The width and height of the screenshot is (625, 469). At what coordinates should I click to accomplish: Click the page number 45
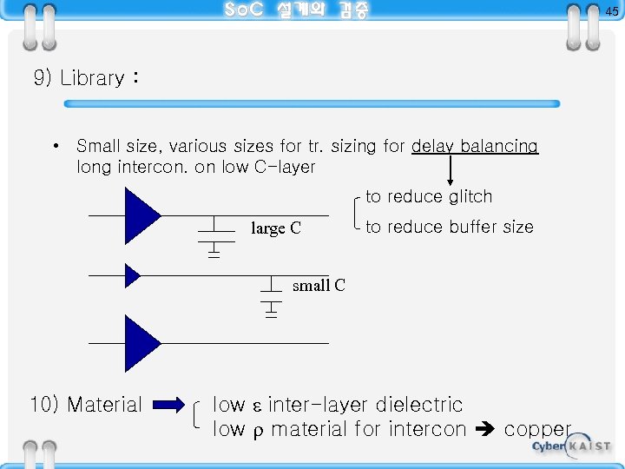(x=612, y=11)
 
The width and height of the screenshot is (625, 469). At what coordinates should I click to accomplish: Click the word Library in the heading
(x=92, y=78)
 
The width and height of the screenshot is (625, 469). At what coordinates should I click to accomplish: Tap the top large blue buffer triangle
(x=141, y=215)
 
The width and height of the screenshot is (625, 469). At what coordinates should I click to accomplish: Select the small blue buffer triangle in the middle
(x=132, y=275)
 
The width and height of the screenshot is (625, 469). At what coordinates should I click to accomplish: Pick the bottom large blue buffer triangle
(x=141, y=343)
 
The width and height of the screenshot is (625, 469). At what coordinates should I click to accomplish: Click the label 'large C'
(x=276, y=228)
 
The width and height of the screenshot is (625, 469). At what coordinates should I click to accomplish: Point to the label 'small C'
(x=319, y=285)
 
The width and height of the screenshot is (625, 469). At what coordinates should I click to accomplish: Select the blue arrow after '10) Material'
(x=174, y=404)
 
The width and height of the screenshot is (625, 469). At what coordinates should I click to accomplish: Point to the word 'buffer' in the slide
(x=451, y=228)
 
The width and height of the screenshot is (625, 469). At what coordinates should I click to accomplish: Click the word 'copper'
(x=537, y=429)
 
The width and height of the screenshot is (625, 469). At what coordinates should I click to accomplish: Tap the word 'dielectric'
(x=419, y=405)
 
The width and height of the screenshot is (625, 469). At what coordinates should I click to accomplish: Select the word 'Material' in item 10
(x=104, y=405)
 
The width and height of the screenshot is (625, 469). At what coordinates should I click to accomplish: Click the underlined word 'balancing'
(x=499, y=146)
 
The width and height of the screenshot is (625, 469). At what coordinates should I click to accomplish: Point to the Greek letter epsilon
(x=256, y=406)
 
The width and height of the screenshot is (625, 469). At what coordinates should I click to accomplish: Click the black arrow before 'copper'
(x=485, y=429)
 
